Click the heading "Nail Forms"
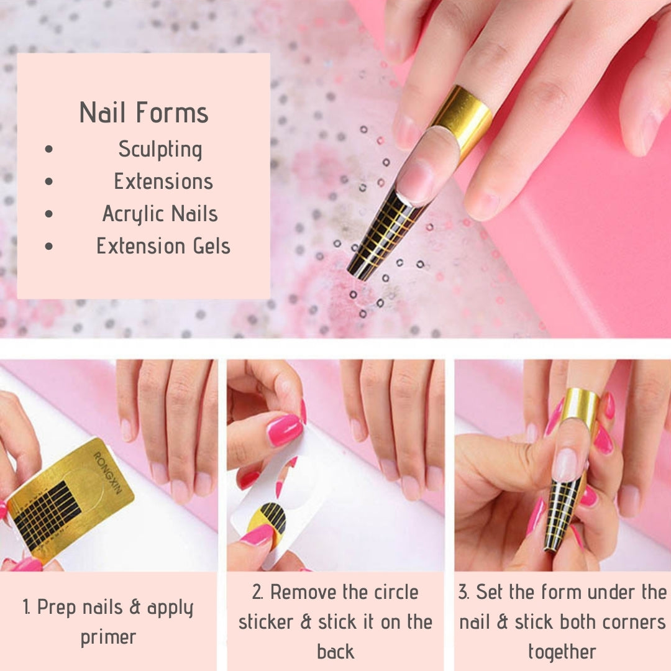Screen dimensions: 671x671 (144, 112)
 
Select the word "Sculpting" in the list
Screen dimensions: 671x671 (160, 150)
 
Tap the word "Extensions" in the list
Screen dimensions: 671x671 (163, 181)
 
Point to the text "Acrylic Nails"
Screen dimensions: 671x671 (160, 214)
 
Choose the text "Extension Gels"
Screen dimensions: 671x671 (163, 246)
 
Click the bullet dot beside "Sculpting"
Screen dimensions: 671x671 (49, 149)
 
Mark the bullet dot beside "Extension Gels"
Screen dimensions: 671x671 (49, 246)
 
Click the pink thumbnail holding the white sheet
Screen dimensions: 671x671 (285, 430)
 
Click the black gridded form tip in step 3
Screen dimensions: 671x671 (562, 514)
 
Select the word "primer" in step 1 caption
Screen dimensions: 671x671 (108, 637)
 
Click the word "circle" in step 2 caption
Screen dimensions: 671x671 (396, 592)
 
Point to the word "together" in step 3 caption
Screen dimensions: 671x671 (562, 652)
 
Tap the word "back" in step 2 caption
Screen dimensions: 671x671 (335, 652)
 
